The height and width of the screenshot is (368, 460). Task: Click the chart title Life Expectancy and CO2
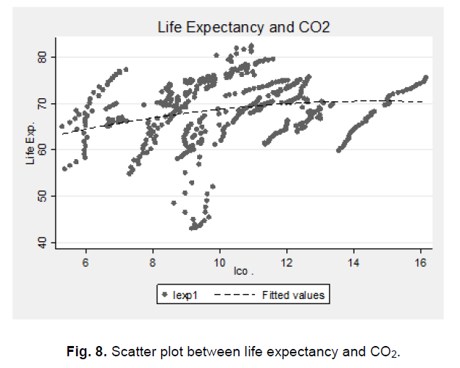(x=242, y=28)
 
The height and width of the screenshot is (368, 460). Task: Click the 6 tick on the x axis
(x=86, y=262)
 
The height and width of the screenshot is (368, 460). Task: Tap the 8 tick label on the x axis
(x=152, y=262)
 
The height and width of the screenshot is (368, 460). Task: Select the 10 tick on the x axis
(x=219, y=262)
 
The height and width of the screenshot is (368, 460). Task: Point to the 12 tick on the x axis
(x=286, y=262)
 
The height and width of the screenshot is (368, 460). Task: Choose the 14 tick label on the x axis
(x=353, y=262)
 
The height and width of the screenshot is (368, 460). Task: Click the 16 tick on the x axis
(x=420, y=262)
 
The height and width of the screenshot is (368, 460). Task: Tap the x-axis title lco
(x=242, y=273)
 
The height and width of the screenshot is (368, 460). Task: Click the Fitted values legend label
(x=293, y=295)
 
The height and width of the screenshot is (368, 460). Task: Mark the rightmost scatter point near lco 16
(x=426, y=77)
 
